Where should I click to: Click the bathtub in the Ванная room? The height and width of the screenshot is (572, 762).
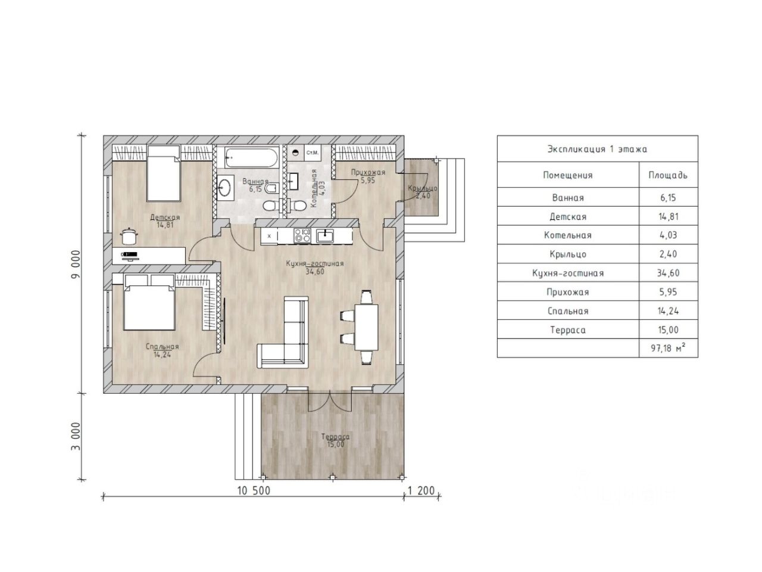(251, 158)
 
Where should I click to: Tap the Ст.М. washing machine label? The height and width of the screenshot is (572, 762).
(312, 153)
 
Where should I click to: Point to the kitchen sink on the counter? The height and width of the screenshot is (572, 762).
(325, 236)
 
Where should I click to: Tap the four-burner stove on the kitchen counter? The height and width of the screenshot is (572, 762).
(302, 235)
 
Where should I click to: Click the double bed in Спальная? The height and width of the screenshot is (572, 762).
(149, 302)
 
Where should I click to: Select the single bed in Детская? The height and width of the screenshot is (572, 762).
(164, 173)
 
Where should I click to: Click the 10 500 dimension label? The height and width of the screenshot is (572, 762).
(254, 491)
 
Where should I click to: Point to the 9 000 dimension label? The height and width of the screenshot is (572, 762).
(76, 264)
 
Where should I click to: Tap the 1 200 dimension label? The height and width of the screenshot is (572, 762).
(421, 491)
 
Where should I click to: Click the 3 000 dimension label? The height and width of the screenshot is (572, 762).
(76, 437)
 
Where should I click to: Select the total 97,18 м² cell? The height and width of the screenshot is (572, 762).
(668, 347)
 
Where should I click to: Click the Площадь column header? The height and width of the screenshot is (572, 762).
(668, 175)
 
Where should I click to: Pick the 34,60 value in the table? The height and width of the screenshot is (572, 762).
(668, 273)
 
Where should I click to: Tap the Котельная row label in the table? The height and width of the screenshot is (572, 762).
(567, 235)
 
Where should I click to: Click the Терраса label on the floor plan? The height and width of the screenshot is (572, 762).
(335, 437)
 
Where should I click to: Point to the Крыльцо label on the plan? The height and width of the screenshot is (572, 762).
(423, 188)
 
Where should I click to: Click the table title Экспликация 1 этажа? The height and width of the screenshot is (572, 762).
(597, 149)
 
